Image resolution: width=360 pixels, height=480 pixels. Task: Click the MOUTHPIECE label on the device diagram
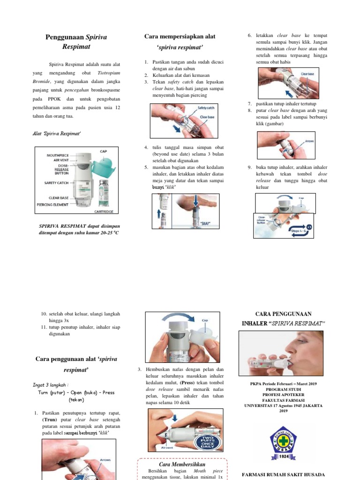58,155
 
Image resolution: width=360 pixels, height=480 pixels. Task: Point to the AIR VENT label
62,160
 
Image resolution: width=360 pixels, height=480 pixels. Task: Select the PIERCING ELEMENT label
54,205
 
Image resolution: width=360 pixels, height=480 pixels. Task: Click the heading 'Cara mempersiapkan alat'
180,37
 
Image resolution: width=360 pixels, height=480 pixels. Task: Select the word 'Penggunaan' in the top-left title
64,37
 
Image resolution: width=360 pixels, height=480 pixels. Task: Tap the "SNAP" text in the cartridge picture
205,223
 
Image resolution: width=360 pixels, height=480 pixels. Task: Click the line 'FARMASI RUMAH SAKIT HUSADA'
283,474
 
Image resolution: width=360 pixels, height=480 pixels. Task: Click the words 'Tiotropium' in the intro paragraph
108,73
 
